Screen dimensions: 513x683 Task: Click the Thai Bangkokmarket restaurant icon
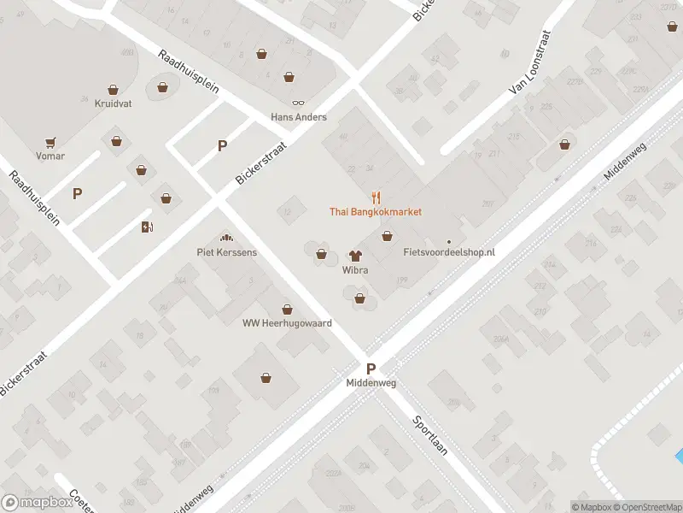(x=376, y=198)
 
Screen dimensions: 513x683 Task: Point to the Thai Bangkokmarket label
(x=376, y=211)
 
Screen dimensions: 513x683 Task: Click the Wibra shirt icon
(x=355, y=256)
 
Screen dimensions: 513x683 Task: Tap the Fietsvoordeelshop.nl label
(x=449, y=253)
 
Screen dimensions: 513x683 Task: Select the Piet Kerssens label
(x=226, y=252)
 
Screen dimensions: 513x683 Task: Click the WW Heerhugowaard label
(x=287, y=322)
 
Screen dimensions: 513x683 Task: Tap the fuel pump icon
(x=147, y=227)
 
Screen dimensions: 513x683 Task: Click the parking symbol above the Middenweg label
(x=371, y=369)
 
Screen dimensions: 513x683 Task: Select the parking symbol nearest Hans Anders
(x=222, y=145)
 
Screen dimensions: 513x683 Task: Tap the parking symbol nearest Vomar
(x=78, y=193)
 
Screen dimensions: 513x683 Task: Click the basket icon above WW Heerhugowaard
(x=287, y=309)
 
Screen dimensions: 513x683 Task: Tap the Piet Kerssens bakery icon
(x=226, y=239)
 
